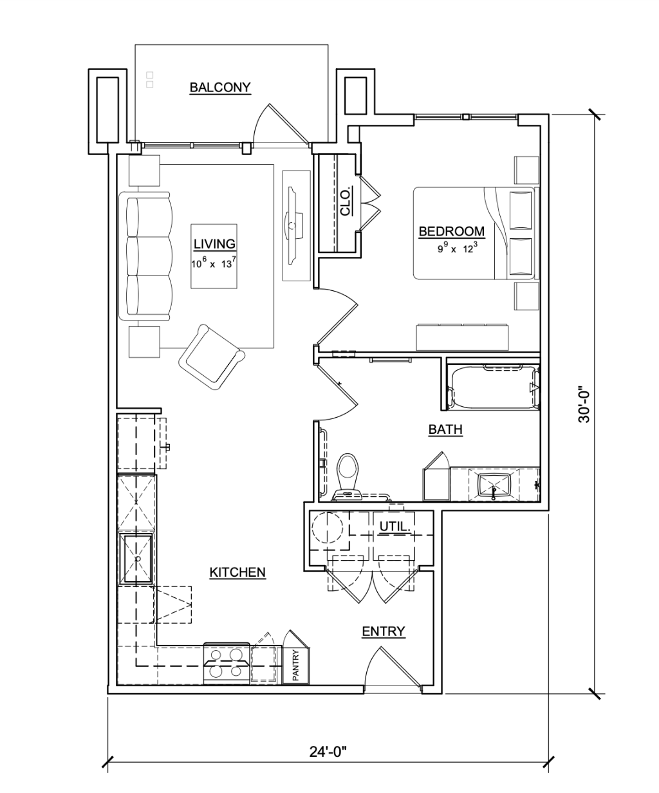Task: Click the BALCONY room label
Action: point(220,88)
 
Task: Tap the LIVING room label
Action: point(214,244)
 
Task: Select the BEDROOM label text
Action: point(452,231)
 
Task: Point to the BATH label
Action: point(445,429)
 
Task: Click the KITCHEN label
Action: point(237,572)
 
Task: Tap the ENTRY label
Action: point(384,631)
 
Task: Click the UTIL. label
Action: point(395,527)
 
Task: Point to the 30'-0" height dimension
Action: point(584,405)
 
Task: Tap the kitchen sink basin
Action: point(136,559)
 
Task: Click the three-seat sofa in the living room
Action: point(145,256)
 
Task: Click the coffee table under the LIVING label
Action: point(214,256)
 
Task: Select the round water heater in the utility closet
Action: point(328,528)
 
